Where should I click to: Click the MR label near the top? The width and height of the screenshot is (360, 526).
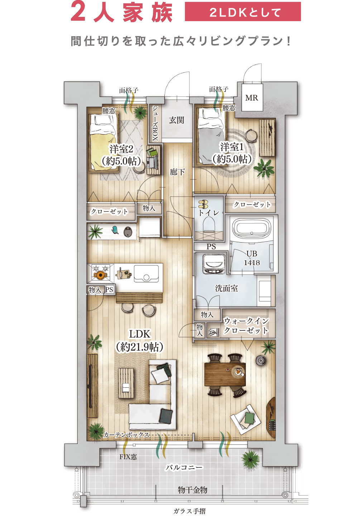(x=251, y=98)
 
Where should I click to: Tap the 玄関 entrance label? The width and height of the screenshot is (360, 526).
(x=177, y=120)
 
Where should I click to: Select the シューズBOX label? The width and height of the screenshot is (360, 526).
(x=155, y=123)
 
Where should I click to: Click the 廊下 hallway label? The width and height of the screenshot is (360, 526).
(x=177, y=172)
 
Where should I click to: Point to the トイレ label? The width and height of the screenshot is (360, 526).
(x=209, y=213)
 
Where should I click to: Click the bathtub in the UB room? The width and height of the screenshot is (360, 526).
(x=251, y=228)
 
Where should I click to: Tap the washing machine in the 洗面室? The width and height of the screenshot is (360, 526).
(x=214, y=264)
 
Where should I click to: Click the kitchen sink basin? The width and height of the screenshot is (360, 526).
(x=146, y=273)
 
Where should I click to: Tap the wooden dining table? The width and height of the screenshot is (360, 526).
(x=225, y=374)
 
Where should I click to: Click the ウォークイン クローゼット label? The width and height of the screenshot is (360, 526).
(x=246, y=325)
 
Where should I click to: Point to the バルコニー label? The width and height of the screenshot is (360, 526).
(x=184, y=468)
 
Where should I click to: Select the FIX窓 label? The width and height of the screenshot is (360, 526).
(x=128, y=457)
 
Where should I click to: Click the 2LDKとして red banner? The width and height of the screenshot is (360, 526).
(x=243, y=12)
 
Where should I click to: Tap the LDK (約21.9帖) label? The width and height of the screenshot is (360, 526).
(x=140, y=340)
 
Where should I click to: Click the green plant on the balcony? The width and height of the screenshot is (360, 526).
(x=250, y=459)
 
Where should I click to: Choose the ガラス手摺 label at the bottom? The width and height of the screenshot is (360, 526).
(x=189, y=511)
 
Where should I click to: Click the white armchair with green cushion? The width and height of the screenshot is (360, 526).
(x=245, y=419)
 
